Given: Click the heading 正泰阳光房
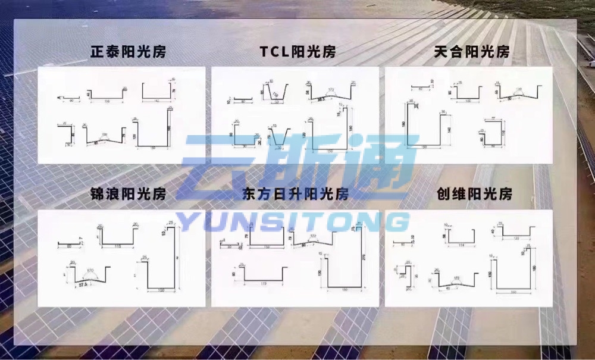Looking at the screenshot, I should pos(128,52).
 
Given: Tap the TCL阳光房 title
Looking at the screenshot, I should pos(297,52).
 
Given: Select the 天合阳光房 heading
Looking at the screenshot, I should pos(472,52).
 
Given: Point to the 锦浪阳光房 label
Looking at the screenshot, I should pos(128,194).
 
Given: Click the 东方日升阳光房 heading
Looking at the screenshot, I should pos(296,194).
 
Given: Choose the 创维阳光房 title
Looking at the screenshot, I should pos(474,194).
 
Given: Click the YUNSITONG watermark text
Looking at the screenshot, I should pos(296,222).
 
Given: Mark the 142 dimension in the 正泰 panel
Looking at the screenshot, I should pos(156,102).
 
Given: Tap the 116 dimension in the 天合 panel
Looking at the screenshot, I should pos(503,133).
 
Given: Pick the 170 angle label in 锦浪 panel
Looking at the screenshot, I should pos(90,271).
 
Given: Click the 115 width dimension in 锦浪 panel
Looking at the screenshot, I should pos(117,245).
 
